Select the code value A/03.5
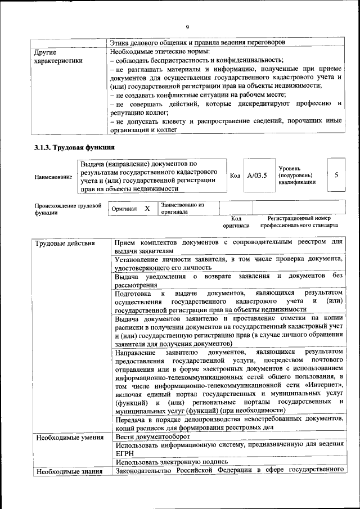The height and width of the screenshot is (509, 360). [x=256, y=175]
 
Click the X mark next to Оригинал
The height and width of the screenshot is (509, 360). [x=147, y=208]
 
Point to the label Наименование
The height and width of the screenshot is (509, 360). [x=53, y=177]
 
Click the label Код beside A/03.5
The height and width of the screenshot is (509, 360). [x=235, y=175]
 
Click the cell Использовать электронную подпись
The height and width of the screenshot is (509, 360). [x=168, y=462]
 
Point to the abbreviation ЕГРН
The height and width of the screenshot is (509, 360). [x=125, y=454]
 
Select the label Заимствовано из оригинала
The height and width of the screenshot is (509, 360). [x=182, y=209]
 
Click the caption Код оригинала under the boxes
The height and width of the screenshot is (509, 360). [x=236, y=222]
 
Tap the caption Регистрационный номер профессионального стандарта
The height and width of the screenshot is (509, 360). [x=299, y=222]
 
